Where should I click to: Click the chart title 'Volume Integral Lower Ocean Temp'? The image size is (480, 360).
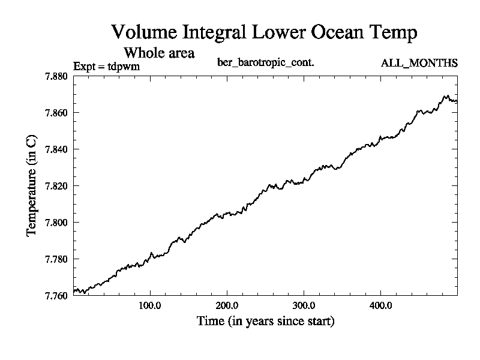point(264,32)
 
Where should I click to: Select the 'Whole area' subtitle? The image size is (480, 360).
point(158,52)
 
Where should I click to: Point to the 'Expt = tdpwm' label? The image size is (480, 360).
point(106,66)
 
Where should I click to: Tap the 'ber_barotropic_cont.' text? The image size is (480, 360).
point(265,62)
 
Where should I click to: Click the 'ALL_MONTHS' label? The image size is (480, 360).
point(419,63)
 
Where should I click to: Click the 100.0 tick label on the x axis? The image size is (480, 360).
point(149,305)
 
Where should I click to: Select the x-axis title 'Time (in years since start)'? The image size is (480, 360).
point(265,321)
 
